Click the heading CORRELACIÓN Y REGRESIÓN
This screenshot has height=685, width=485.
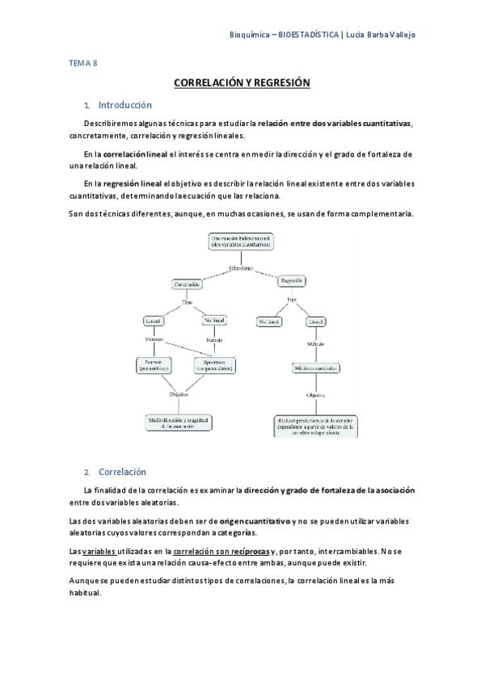pyautogui.click(x=242, y=83)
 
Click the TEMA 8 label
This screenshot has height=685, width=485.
pyautogui.click(x=81, y=62)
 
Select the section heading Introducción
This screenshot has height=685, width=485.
pyautogui.click(x=124, y=105)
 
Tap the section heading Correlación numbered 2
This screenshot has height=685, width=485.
pyautogui.click(x=121, y=472)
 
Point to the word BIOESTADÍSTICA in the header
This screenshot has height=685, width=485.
pyautogui.click(x=308, y=35)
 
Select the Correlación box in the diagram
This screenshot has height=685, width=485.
pyautogui.click(x=187, y=284)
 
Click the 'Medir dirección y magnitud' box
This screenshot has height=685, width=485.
pyautogui.click(x=179, y=423)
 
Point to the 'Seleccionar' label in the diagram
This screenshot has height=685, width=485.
pyautogui.click(x=241, y=267)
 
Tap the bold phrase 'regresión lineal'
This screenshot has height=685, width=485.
pyautogui.click(x=133, y=183)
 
